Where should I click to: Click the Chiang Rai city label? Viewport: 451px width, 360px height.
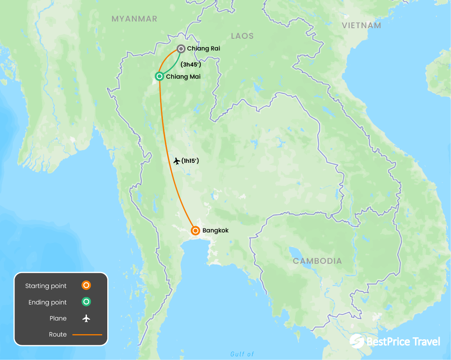tap(204, 49)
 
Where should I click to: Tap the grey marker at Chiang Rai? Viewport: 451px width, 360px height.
tap(181, 49)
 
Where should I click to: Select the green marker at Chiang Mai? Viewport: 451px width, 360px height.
tap(159, 76)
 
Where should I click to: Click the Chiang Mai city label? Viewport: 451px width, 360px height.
tap(183, 77)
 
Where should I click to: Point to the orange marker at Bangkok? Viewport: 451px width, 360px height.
tap(195, 230)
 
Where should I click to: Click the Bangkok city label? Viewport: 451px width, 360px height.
tap(215, 230)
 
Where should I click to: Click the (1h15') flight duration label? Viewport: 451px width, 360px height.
tap(190, 160)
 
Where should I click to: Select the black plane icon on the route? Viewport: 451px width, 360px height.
tap(177, 161)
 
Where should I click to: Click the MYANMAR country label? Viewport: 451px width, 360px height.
tap(134, 19)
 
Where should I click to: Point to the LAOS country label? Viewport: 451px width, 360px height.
tap(242, 36)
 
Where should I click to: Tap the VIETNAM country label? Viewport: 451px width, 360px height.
tap(361, 25)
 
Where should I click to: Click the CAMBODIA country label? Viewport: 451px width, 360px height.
tap(318, 261)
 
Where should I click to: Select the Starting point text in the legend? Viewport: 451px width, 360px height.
tap(46, 286)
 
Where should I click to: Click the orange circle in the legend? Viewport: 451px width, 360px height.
tap(86, 286)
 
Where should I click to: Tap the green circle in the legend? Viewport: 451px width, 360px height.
tap(86, 302)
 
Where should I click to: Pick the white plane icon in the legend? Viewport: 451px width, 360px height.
tap(86, 318)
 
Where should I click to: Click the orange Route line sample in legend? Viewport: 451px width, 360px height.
tap(87, 335)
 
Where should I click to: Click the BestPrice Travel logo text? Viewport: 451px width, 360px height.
tap(403, 342)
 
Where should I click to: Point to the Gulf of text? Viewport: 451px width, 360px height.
tap(242, 354)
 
